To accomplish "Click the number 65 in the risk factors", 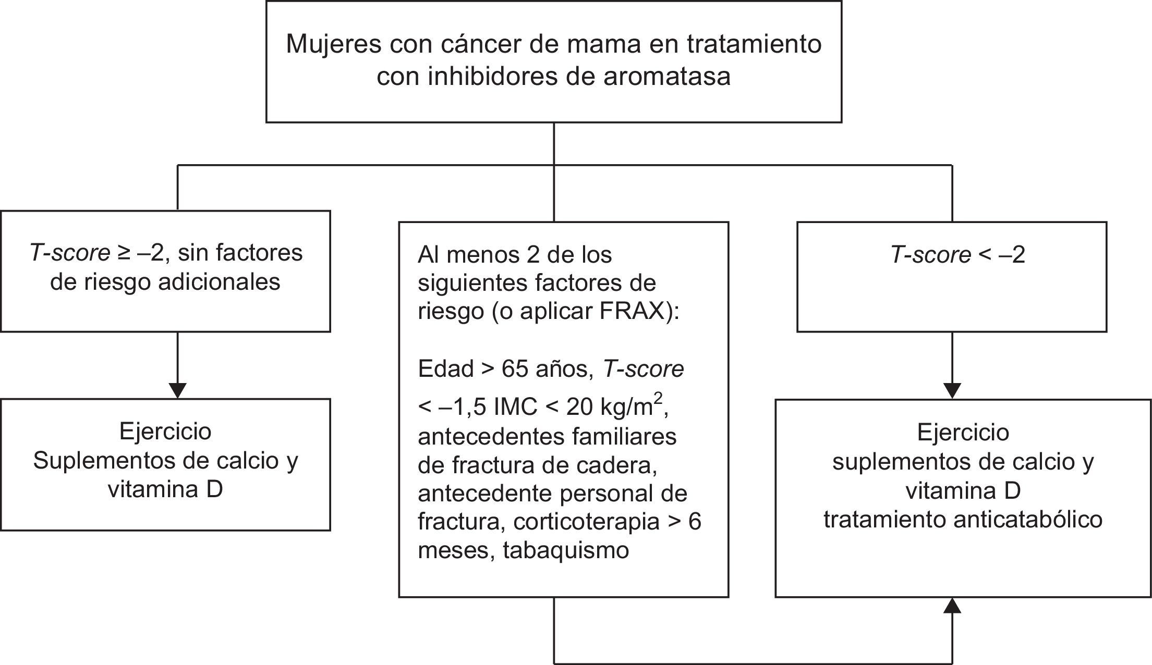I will (x=516, y=369).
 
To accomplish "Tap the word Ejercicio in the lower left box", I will (x=165, y=432).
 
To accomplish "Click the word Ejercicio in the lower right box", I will (x=963, y=433).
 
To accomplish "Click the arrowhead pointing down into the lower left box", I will (x=178, y=391).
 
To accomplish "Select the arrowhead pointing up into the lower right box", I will (x=952, y=606).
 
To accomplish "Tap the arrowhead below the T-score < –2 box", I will (x=952, y=391).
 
